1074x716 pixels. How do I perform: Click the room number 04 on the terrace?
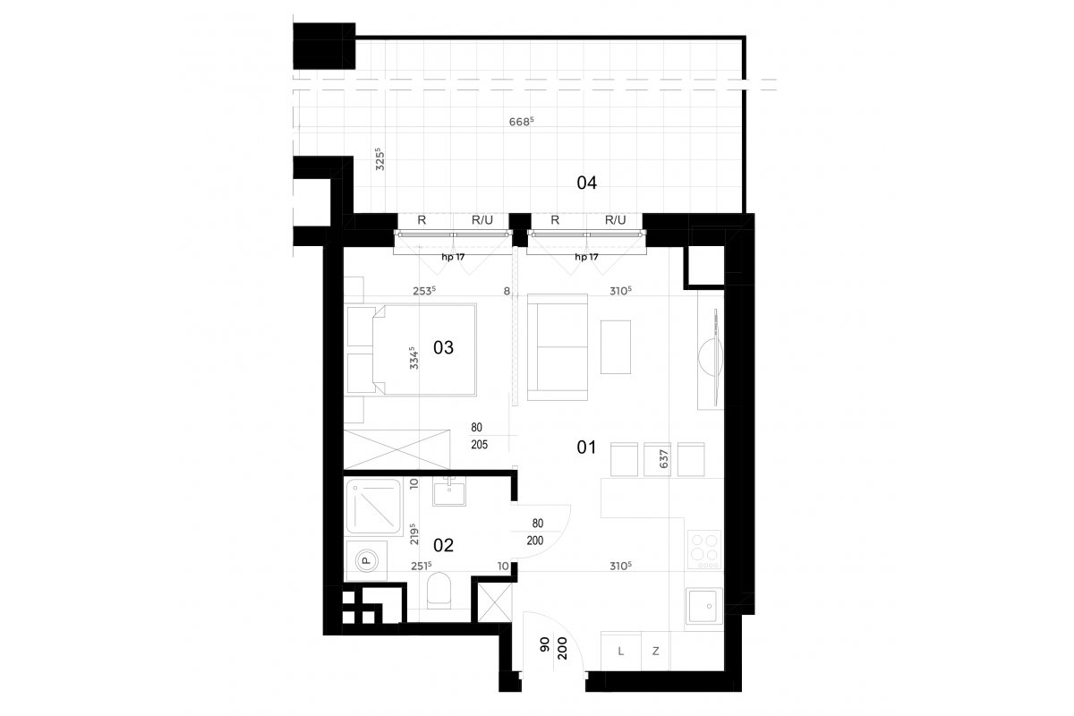click(x=586, y=183)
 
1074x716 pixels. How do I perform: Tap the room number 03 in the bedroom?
click(x=443, y=347)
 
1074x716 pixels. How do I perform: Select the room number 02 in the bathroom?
click(x=443, y=545)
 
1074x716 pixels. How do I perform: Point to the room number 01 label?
click(x=586, y=447)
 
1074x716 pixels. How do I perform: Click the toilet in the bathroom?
click(x=439, y=591)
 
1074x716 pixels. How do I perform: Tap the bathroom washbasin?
click(x=448, y=491)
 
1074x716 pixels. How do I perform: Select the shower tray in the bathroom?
click(x=373, y=507)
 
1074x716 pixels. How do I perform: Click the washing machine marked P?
click(x=366, y=560)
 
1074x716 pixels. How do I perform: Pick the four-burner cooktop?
click(x=703, y=550)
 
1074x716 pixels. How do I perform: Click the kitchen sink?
click(x=703, y=606)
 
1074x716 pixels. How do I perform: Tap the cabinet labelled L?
click(x=621, y=652)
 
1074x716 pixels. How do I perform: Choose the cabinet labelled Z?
click(x=655, y=652)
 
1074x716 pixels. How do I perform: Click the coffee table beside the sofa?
click(x=616, y=347)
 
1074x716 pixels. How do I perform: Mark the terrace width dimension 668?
click(x=521, y=122)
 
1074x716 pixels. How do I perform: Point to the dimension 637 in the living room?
click(x=663, y=459)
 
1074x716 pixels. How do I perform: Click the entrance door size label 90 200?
click(x=553, y=648)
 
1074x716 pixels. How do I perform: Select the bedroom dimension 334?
click(x=413, y=358)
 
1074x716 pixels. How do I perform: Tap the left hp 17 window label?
click(x=453, y=257)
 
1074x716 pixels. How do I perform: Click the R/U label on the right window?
click(x=615, y=220)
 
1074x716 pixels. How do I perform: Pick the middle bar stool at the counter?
click(x=657, y=459)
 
